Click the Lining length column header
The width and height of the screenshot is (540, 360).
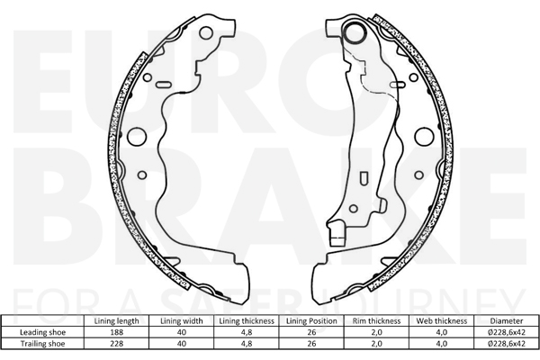(116, 321)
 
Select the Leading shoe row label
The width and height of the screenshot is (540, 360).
(42, 332)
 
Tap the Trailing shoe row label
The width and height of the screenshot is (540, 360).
(42, 344)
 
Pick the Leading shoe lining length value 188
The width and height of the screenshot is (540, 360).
(116, 332)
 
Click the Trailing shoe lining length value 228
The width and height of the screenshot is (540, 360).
(116, 344)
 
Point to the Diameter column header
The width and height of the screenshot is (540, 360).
(507, 321)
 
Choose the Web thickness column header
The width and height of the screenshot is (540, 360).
(442, 321)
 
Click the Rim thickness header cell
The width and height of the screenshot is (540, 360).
(376, 321)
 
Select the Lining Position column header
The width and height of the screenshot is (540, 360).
(311, 321)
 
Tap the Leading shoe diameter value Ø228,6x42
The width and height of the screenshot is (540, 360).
(507, 332)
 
